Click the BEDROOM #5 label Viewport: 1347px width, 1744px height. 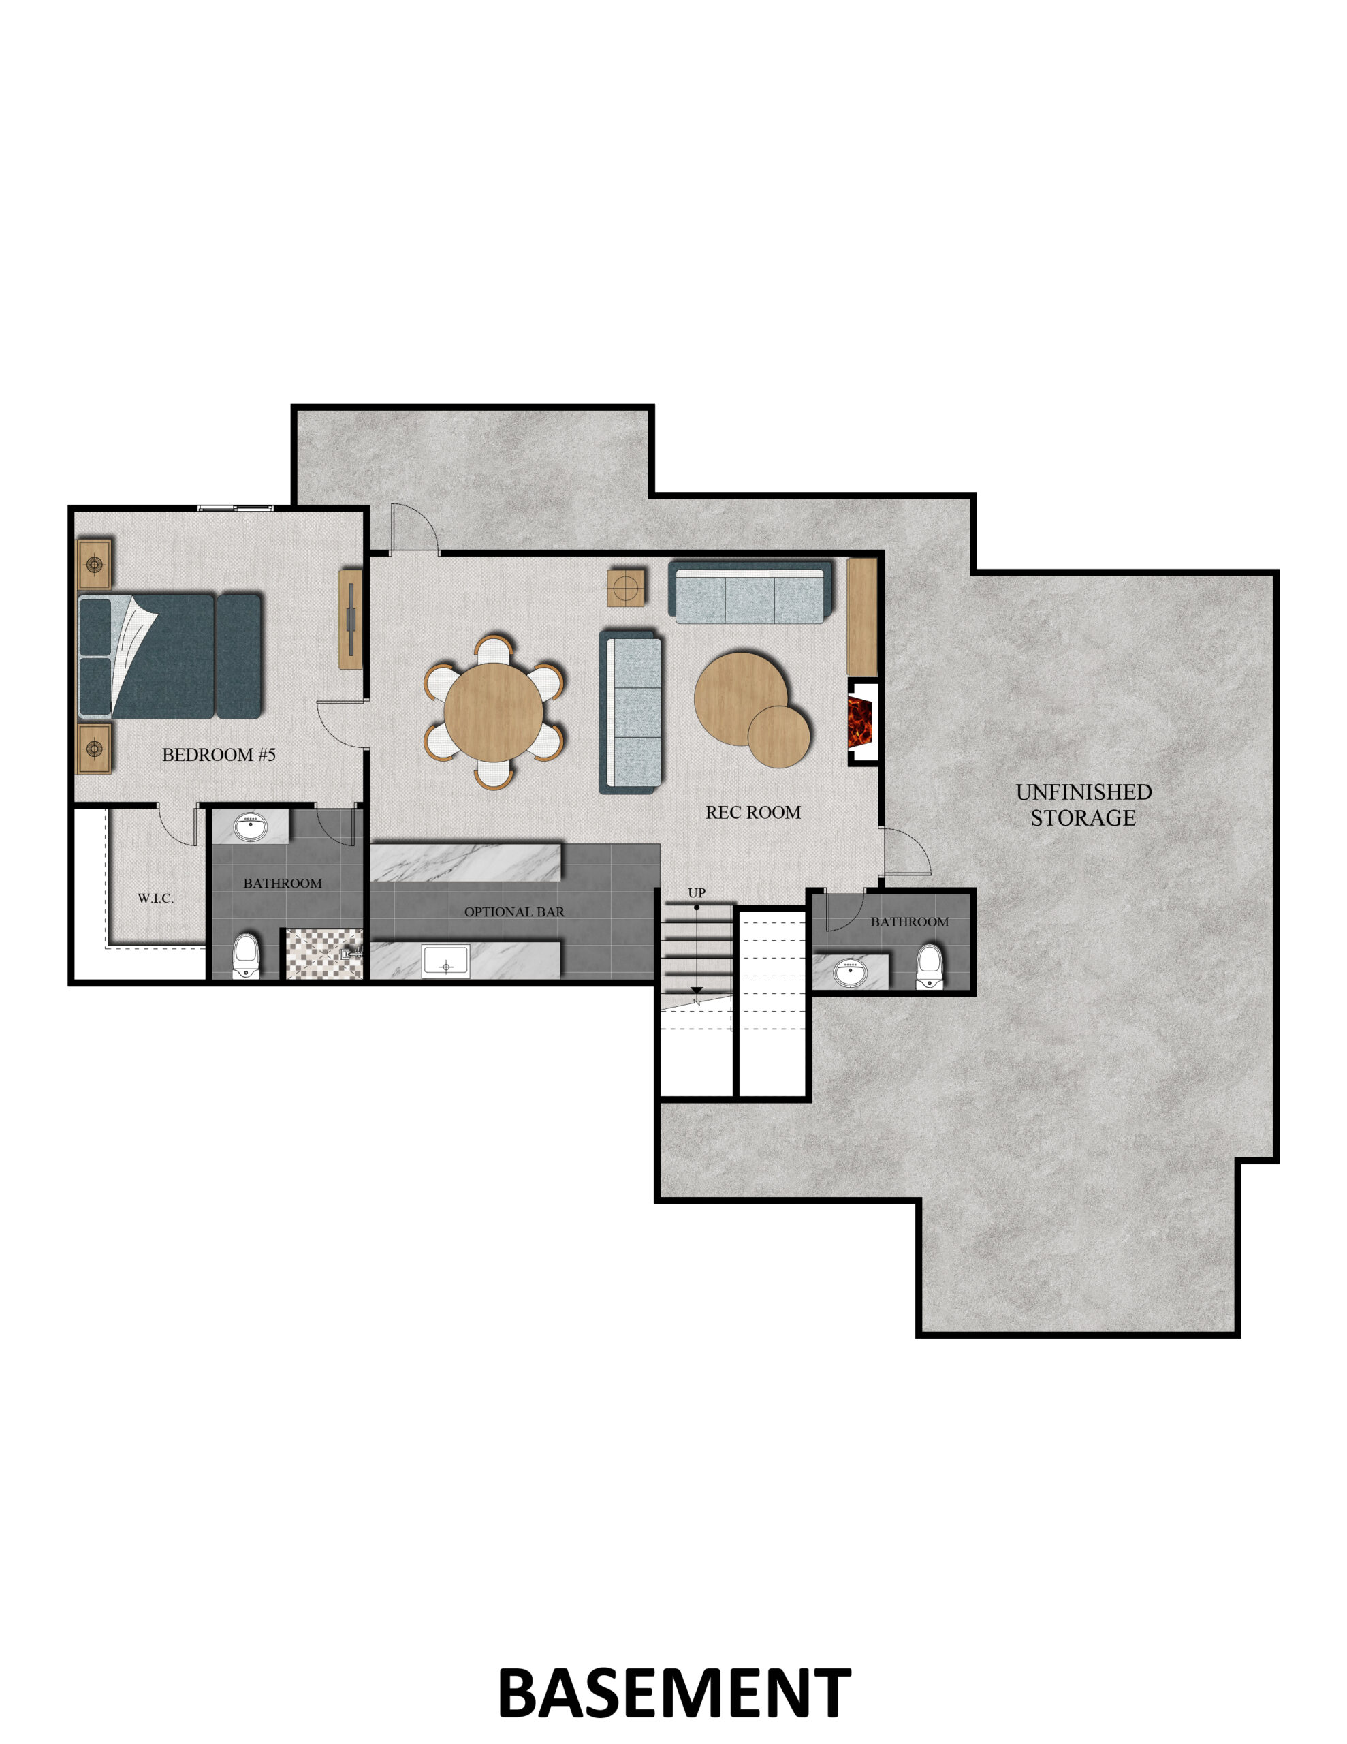pos(219,755)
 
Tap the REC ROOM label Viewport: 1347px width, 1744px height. pos(753,812)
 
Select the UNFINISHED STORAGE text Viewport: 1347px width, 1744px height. pos(1083,805)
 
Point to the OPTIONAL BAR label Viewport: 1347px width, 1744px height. pos(514,912)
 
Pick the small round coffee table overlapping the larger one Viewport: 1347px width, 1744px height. pos(778,737)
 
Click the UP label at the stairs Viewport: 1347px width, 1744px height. pos(696,892)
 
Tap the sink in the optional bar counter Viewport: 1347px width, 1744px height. pos(446,961)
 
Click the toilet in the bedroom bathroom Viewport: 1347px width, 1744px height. pos(246,956)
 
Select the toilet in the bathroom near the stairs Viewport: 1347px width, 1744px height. pos(930,967)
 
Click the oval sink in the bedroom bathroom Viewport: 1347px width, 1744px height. pos(251,827)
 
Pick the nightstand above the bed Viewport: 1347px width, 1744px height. pos(93,565)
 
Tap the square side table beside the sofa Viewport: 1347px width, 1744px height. pos(626,588)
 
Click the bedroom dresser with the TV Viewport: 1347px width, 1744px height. pos(351,619)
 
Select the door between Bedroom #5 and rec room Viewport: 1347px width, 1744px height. pos(342,724)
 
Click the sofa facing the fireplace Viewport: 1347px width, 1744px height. pos(631,711)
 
